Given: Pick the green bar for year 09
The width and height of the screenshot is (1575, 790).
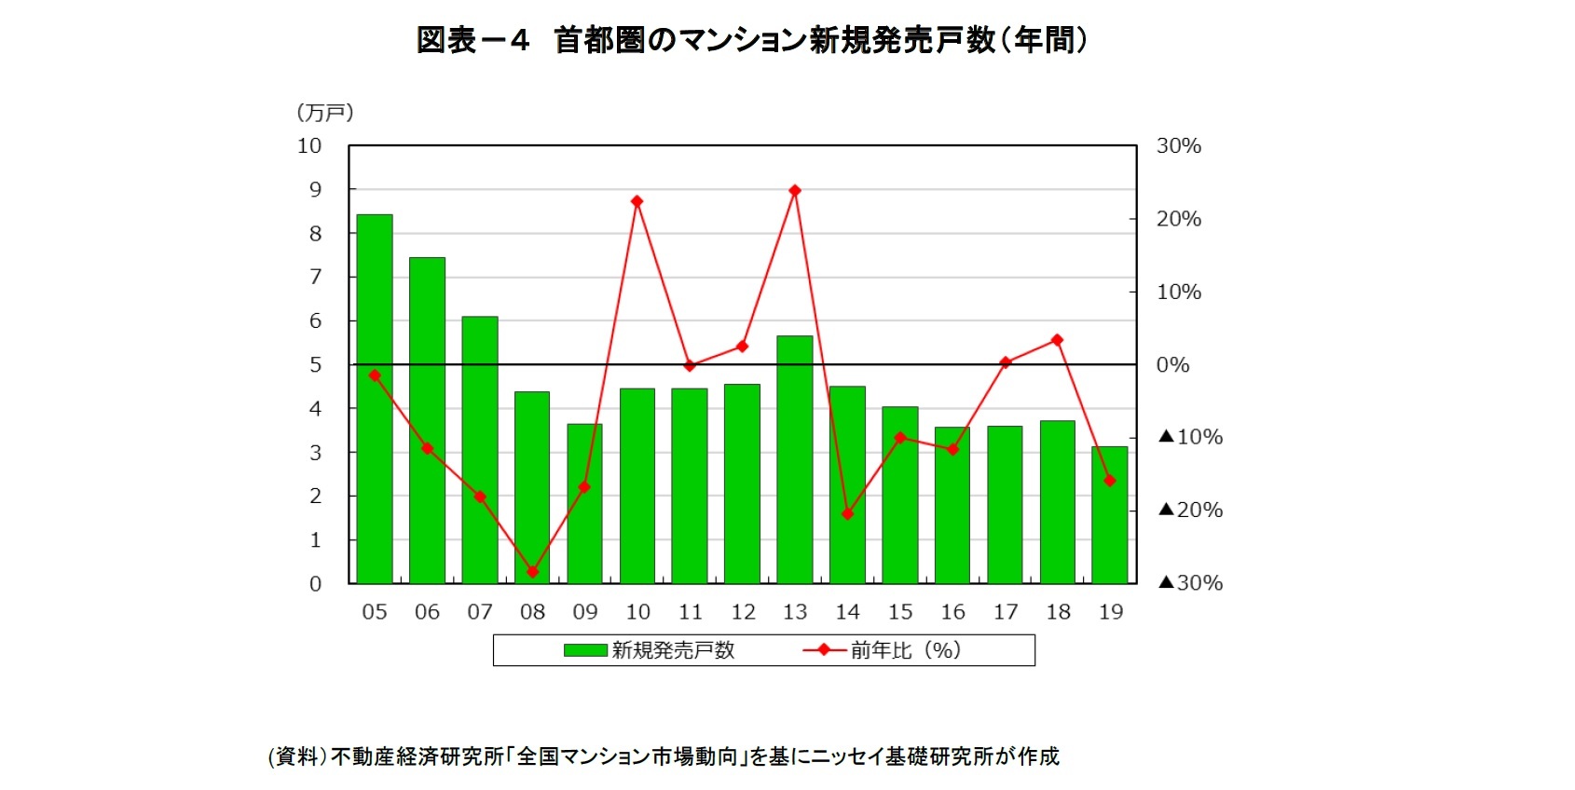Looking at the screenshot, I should pos(584,504).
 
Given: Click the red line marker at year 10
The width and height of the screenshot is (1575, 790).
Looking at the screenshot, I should pos(637,201).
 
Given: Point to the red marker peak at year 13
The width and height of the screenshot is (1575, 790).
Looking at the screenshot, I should pos(795,191).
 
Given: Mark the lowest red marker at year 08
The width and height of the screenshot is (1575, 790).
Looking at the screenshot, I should pos(532,572).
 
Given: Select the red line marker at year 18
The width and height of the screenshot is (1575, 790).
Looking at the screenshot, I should pos(1057,340).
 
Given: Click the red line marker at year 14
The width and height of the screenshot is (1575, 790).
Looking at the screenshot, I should pos(847,514).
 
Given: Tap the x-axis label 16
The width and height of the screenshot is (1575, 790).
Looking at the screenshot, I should pos(952,612).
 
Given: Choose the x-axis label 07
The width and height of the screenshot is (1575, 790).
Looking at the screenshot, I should pos(480,612).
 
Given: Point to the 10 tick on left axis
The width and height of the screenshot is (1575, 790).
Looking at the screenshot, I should pos(309,146).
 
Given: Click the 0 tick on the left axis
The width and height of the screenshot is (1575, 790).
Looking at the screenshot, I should pos(315,584).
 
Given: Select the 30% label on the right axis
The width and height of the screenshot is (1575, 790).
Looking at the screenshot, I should pos(1178,146).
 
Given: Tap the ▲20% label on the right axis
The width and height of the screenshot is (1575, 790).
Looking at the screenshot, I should pos(1190,510).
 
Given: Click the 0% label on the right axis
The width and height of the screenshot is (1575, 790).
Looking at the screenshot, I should pos(1172,365).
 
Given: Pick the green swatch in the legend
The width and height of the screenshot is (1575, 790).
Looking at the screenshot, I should pos(585,650).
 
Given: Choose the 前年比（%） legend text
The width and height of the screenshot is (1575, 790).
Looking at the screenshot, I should pos(905,650).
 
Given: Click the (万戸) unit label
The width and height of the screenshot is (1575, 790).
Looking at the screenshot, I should pos(325,113).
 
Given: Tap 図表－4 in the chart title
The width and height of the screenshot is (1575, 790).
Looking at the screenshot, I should pos(472,40).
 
